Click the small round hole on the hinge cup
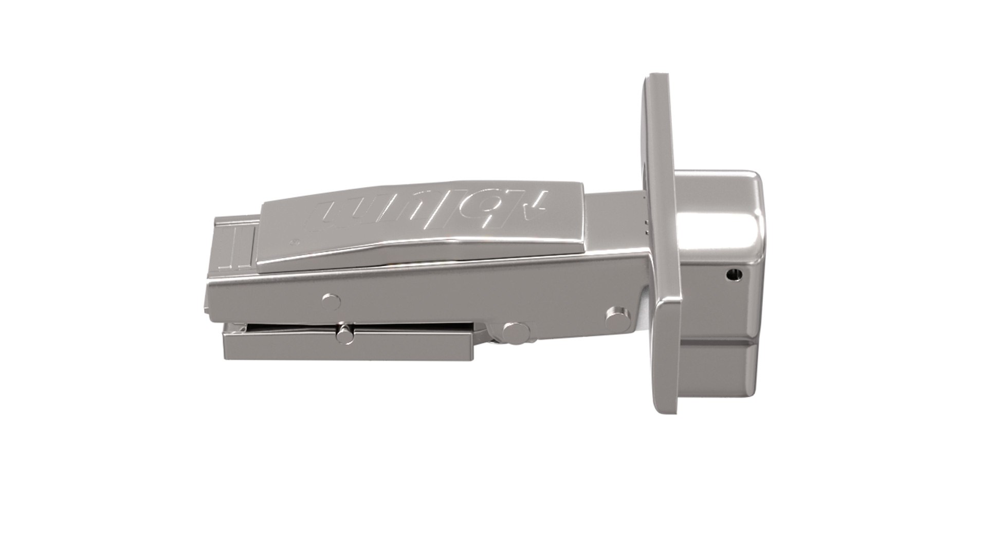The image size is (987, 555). (x=734, y=276)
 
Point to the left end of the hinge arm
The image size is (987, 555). (x=211, y=303)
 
